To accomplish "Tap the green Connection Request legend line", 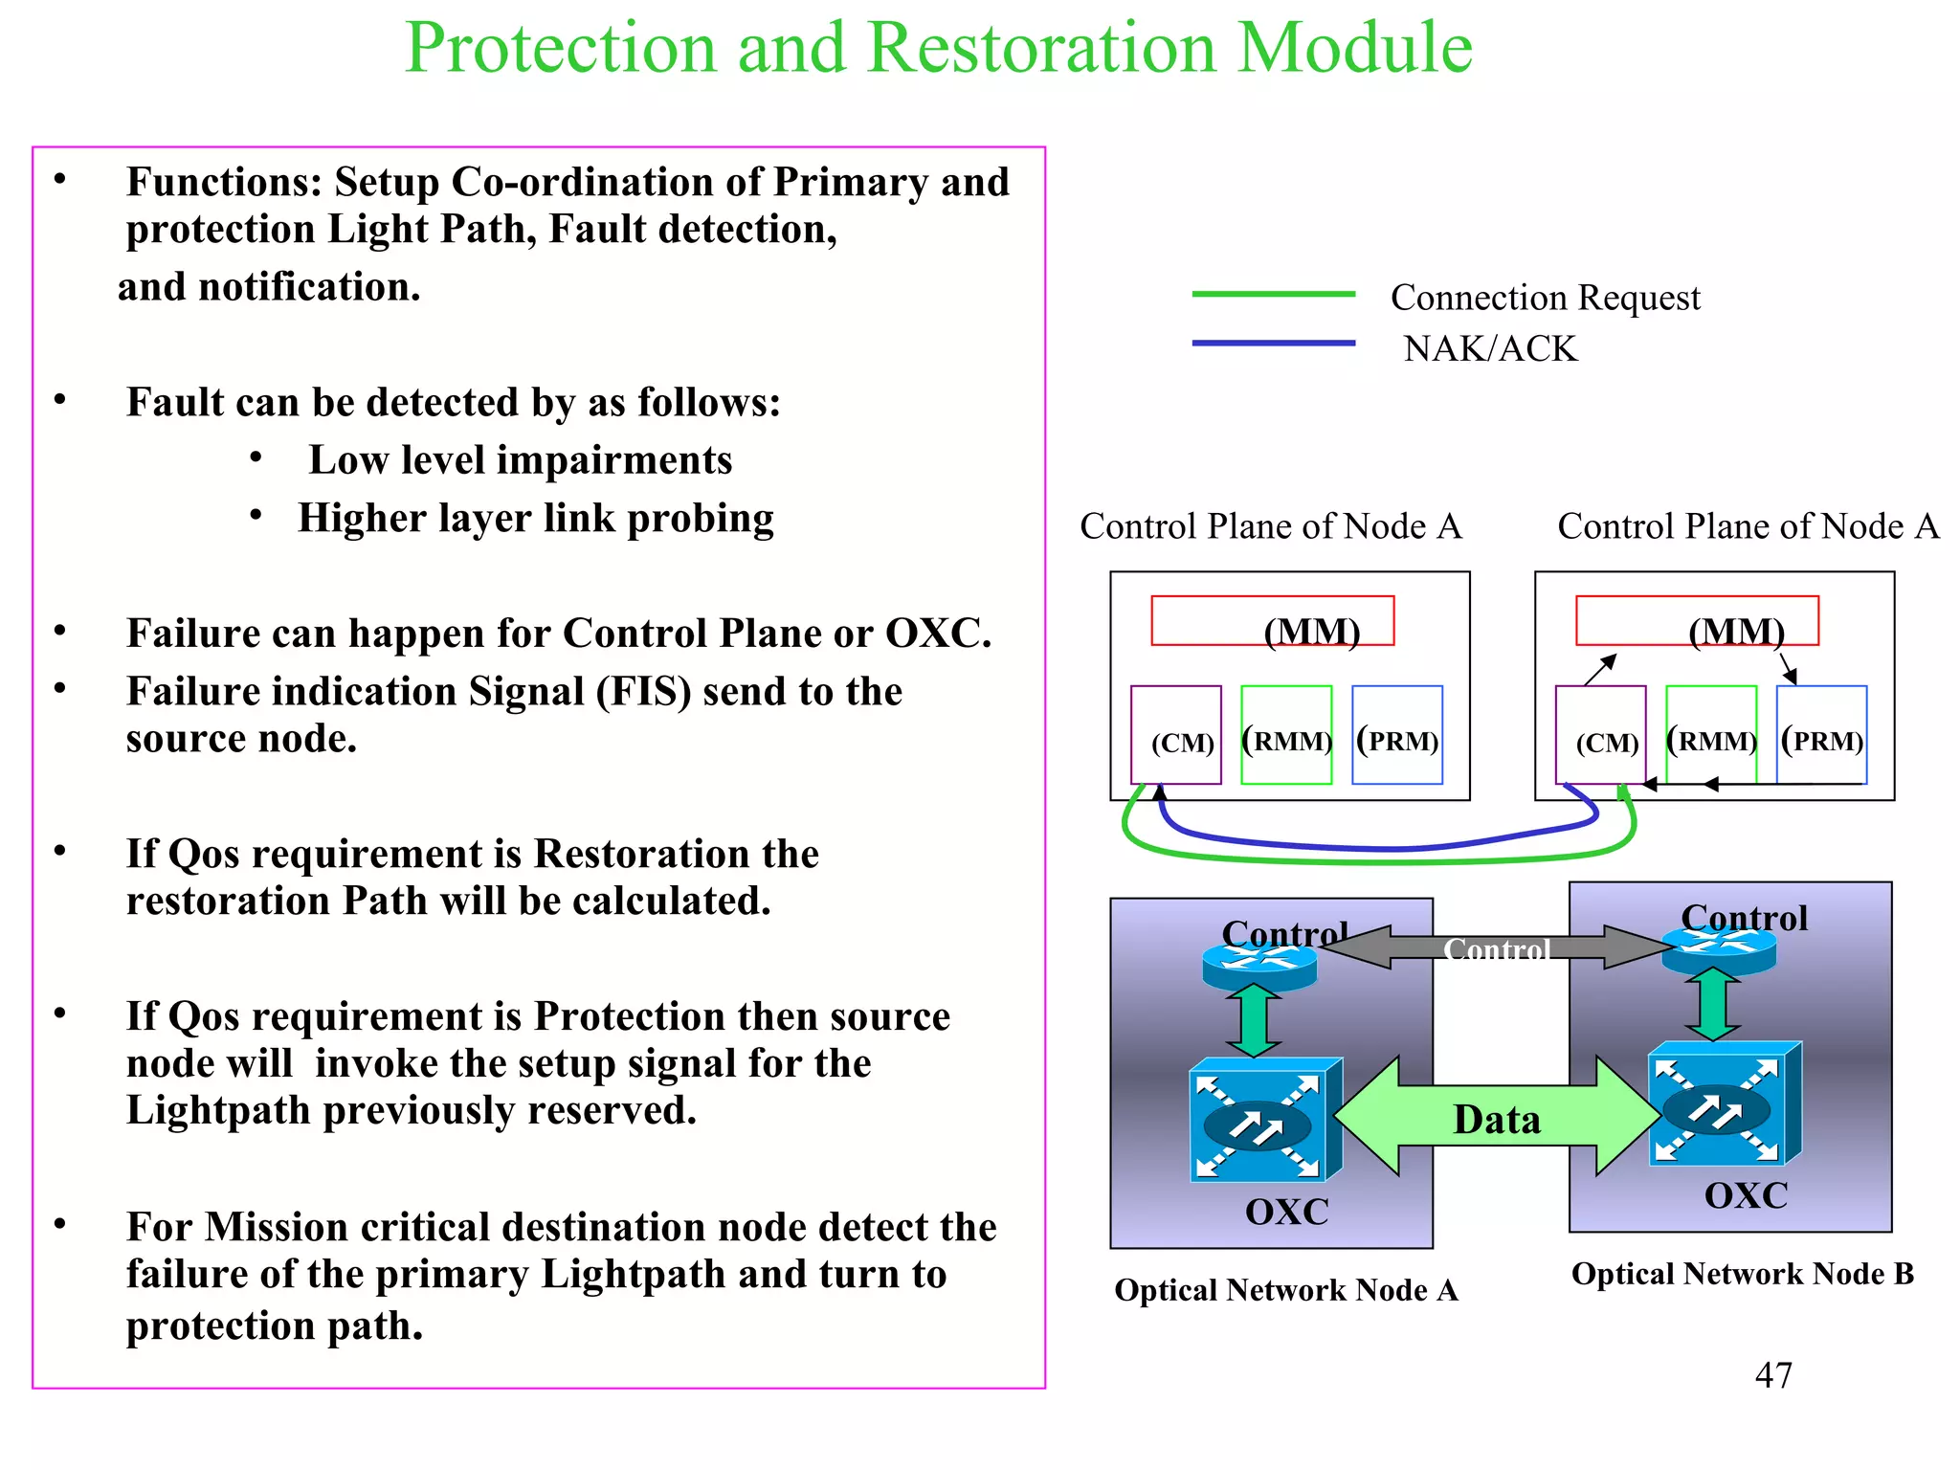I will [x=1273, y=294].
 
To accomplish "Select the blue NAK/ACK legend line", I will [x=1273, y=343].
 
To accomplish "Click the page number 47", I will [x=1772, y=1375].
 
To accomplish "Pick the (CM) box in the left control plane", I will [x=1175, y=735].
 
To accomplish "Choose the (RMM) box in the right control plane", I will [x=1711, y=735].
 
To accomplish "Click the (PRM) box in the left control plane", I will [x=1397, y=735].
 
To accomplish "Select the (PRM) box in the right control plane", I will [x=1821, y=735].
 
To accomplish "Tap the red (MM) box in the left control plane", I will [x=1272, y=621].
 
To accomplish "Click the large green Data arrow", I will [x=1497, y=1116].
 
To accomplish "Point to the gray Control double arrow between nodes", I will [x=1498, y=947].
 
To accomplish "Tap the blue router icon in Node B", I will [x=1719, y=947].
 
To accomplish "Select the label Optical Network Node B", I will [x=1742, y=1274].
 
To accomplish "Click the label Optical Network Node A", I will [x=1286, y=1290].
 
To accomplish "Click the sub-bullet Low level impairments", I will [x=520, y=460].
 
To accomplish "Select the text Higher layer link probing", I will [x=535, y=518].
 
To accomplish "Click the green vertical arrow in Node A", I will [x=1254, y=1020].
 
